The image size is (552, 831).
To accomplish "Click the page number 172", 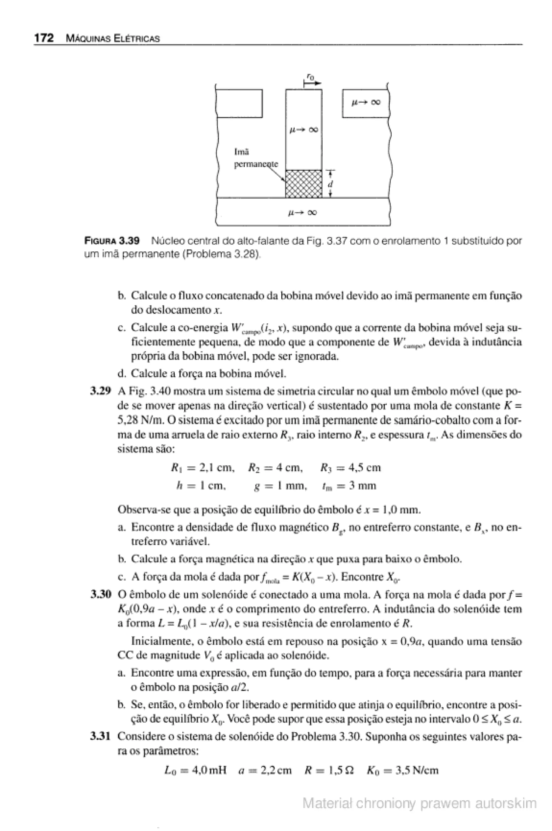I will tap(44, 38).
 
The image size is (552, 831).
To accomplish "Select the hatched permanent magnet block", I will tap(303, 184).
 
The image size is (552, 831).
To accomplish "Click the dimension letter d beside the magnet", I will tap(330, 184).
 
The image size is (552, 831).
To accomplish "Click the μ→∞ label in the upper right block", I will tap(366, 102).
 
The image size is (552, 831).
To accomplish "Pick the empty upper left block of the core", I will tap(239, 103).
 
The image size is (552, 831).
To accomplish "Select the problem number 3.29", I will tap(101, 391).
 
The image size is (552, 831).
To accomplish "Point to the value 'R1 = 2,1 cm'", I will tap(202, 468).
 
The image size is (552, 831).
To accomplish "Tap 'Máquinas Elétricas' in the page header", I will tap(113, 39).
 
